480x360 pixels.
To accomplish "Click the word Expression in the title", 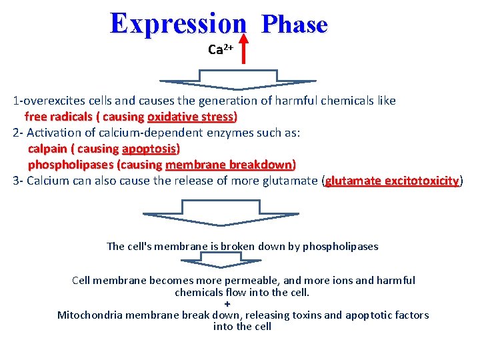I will point(178,23).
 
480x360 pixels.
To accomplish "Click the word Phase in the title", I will point(294,25).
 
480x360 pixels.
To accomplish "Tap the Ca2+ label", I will point(220,50).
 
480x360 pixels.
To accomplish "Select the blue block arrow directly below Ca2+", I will point(238,85).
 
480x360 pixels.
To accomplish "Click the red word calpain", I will point(48,149).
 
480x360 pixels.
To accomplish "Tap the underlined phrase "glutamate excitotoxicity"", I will point(392,181).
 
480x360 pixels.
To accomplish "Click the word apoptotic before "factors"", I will point(369,315).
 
